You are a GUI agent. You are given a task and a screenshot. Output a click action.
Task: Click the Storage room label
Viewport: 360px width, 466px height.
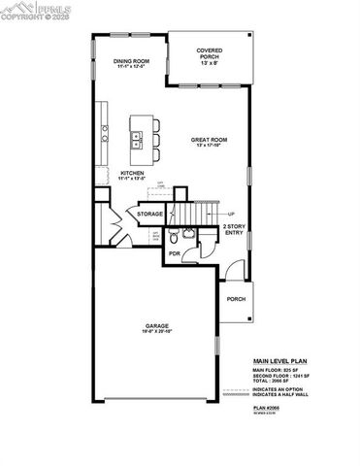pyautogui.click(x=149, y=214)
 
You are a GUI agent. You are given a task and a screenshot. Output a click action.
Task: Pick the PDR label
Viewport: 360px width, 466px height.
pyautogui.click(x=175, y=253)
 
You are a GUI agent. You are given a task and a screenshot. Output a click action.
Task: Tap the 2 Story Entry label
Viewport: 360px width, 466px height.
pyautogui.click(x=234, y=229)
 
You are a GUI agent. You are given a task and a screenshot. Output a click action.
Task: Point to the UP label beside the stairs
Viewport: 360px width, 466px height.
pyautogui.click(x=231, y=214)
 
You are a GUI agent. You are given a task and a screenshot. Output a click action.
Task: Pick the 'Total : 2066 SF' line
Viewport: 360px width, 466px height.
pyautogui.click(x=275, y=382)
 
